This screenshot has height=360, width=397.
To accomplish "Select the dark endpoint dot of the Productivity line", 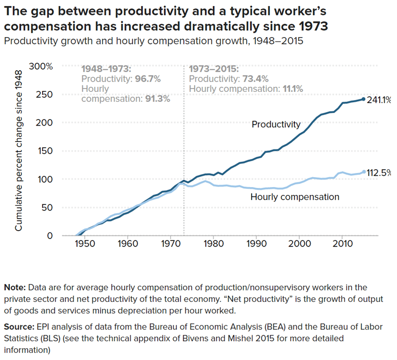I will pos(363,99).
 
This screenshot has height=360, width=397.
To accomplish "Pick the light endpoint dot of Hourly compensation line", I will pos(363,172).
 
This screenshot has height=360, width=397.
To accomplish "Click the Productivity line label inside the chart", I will pos(276,125).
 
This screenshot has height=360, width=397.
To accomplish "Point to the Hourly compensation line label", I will pos(295,197).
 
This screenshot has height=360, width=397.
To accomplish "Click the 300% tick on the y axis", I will pos(41,66).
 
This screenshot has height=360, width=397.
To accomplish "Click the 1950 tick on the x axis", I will pos(84,244).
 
